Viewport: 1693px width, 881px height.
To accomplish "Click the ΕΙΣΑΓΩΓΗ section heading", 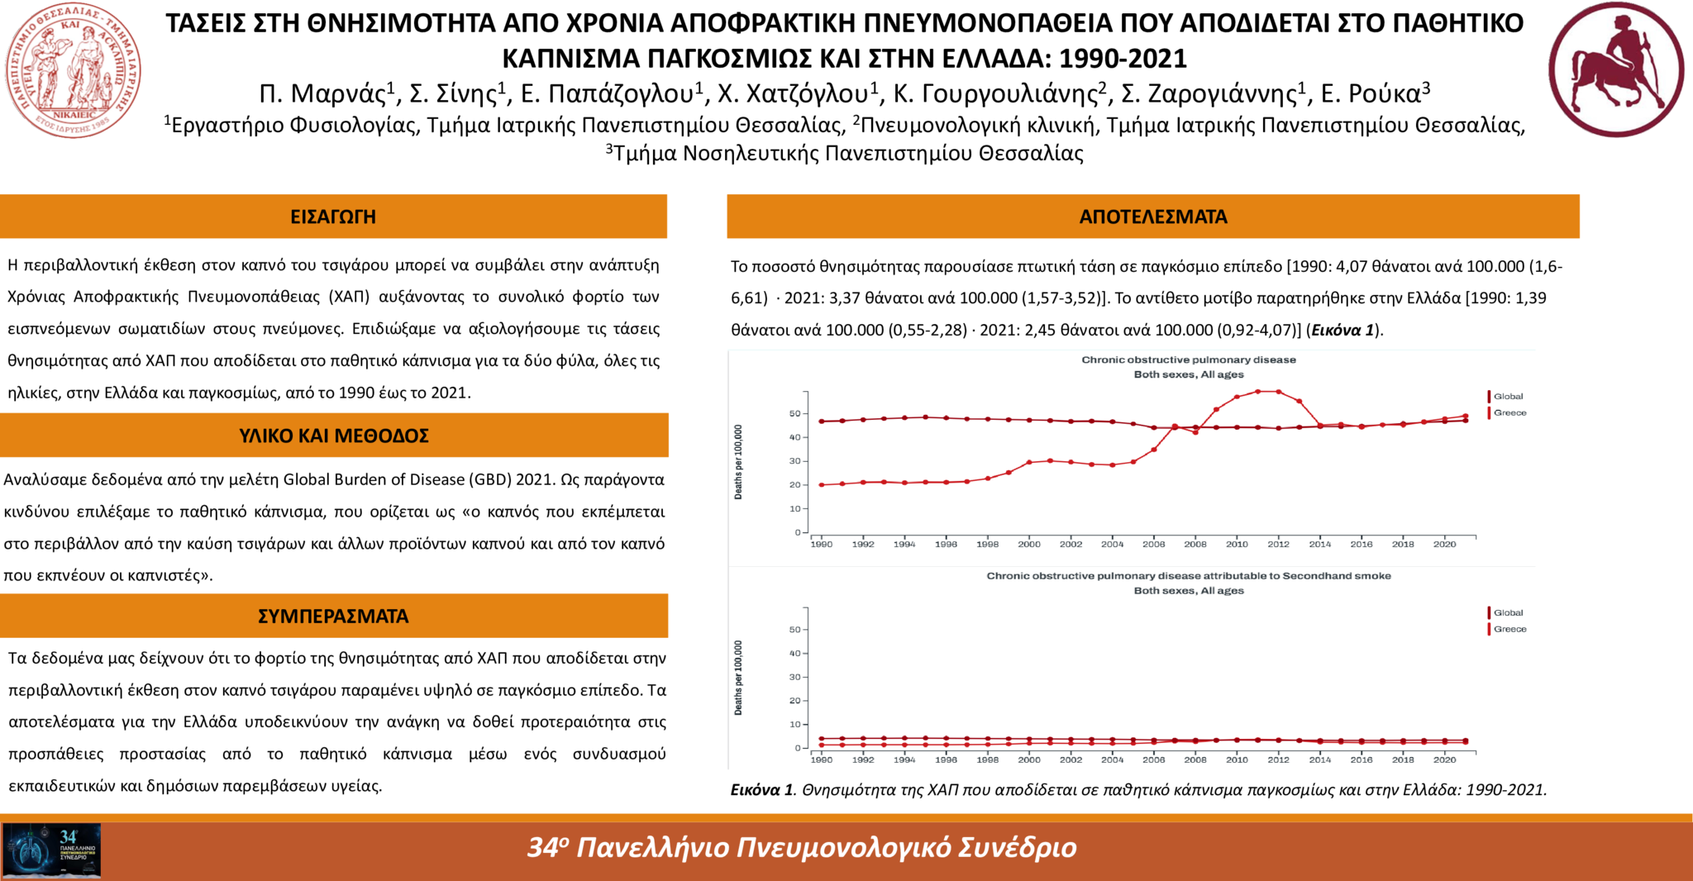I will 333,217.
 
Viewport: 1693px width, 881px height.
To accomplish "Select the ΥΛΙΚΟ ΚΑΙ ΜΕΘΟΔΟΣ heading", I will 334,436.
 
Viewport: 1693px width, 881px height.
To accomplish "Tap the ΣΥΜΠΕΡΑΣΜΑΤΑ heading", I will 333,617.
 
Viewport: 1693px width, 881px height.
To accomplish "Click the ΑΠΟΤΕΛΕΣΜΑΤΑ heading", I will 1152,217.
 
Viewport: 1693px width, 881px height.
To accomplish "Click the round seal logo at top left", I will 73,71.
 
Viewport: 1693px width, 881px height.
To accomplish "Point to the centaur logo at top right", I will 1615,69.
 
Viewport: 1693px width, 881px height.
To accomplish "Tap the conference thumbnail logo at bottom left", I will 51,850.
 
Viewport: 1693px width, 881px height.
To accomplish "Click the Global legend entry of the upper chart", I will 1508,397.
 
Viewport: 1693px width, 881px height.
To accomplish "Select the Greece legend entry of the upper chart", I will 1509,413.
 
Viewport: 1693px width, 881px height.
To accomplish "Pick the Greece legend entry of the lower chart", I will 1509,630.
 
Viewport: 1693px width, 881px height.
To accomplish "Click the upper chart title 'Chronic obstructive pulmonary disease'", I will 1188,360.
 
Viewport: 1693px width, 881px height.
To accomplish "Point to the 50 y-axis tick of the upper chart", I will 794,414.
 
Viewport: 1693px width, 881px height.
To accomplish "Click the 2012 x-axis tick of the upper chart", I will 1278,545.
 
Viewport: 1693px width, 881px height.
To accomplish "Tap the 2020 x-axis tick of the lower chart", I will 1444,760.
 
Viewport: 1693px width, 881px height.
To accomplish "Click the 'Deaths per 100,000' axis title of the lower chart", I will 738,678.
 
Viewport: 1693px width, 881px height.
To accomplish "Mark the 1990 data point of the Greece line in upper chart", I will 821,485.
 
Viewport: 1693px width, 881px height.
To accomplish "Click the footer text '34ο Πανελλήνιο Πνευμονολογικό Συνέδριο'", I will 802,848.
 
